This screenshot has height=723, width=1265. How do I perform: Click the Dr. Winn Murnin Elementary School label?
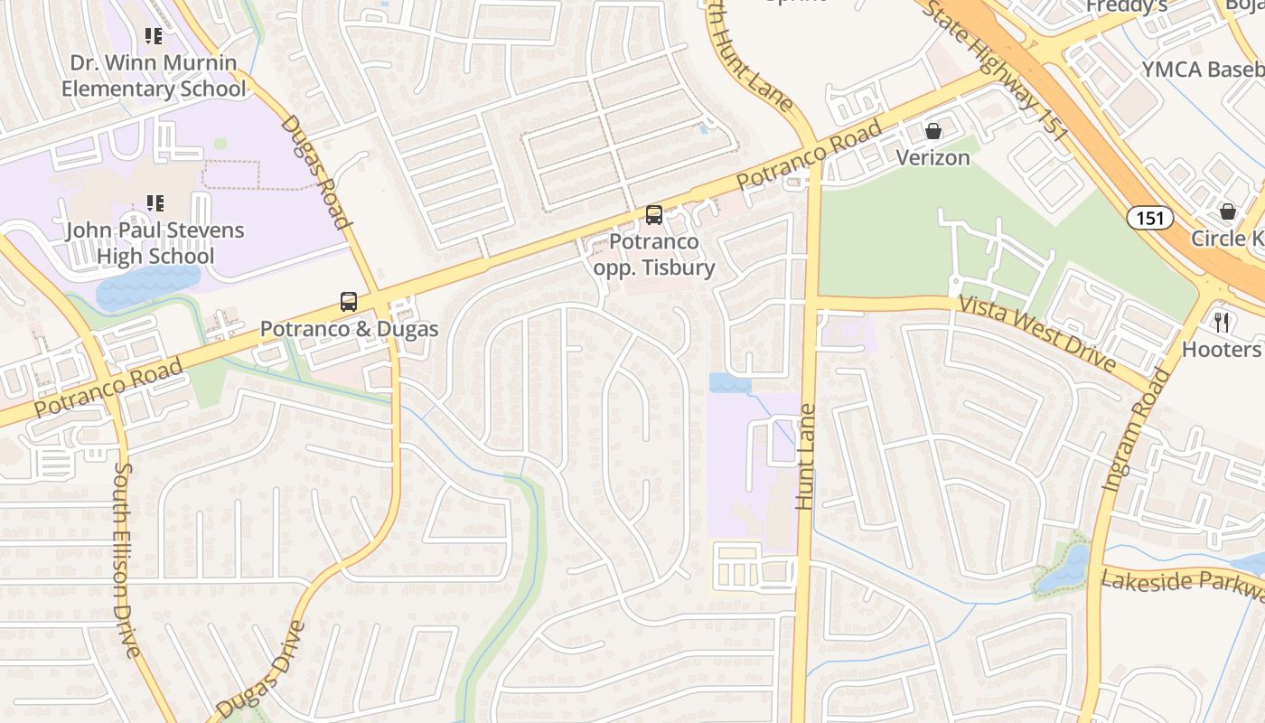[154, 76]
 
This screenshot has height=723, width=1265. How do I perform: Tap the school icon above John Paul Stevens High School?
[155, 202]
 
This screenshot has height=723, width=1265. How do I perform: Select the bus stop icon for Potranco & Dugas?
[349, 302]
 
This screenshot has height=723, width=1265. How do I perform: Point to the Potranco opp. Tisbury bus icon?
[654, 215]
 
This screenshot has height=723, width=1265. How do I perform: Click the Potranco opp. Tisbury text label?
[654, 255]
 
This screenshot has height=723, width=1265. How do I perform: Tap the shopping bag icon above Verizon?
[933, 131]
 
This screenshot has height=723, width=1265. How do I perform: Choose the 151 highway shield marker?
[1149, 217]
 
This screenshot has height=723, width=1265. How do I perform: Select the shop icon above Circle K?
[1228, 211]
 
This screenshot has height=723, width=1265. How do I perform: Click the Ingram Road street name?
[1137, 430]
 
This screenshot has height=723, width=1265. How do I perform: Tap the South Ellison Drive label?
[126, 560]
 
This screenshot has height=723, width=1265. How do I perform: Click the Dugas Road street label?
[314, 172]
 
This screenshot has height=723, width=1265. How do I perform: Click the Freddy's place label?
[1126, 6]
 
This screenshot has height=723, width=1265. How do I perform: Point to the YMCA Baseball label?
[1202, 70]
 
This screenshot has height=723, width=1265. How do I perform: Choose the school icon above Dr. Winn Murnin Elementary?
[155, 36]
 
